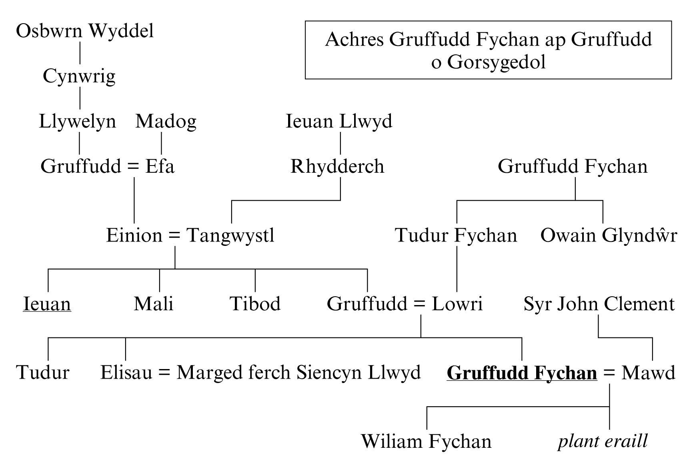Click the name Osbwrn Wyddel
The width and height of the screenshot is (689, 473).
pos(85,31)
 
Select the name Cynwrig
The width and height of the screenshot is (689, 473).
pos(79,76)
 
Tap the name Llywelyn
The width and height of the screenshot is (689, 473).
pos(77,121)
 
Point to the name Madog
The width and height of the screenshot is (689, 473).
pos(166,121)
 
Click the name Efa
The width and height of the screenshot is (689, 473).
pos(160,166)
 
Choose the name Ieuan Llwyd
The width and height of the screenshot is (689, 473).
pos(339,121)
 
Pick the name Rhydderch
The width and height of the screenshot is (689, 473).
pos(337,166)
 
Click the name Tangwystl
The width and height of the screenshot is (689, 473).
pos(230,235)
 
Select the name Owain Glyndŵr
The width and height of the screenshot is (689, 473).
pos(608,235)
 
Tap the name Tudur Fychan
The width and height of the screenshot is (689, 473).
pos(456,235)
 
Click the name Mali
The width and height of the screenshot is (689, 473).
pos(153,304)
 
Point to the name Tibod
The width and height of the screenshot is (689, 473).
pos(255,304)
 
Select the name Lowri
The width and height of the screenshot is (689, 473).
pos(457,304)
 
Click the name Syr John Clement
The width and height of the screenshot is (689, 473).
pos(599,304)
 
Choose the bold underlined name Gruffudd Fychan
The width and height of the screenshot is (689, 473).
pos(522,373)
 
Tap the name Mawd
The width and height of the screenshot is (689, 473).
pos(648,373)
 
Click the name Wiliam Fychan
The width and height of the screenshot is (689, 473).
pos(426,441)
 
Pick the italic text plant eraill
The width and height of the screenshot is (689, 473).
pos(603,441)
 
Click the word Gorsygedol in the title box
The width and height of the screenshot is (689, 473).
pos(496,62)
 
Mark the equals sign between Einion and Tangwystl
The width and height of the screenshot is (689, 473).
pos(174,236)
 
